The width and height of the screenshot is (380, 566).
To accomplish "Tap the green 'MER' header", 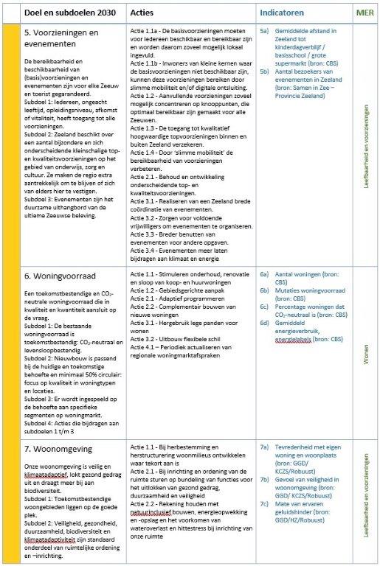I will pos(363,13).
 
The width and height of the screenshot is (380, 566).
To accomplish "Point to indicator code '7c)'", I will pos(264,482).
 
